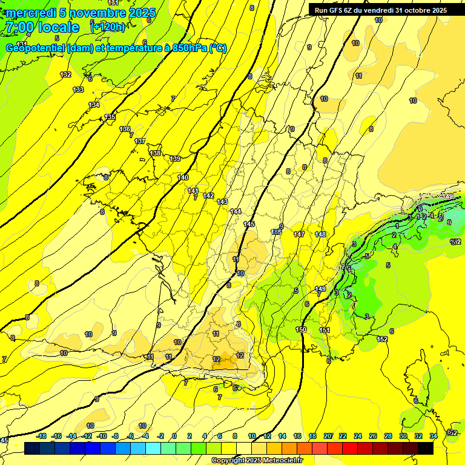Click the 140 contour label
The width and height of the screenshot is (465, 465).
click(183, 177)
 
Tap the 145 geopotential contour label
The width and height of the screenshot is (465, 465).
click(249, 224)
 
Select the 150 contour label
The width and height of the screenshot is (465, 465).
click(301, 329)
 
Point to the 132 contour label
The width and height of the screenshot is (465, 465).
click(65, 74)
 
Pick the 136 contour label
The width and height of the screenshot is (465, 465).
click(125, 129)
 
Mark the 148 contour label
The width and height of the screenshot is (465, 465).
click(320, 234)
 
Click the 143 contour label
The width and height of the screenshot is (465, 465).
click(222, 202)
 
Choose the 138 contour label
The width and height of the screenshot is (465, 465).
click(156, 153)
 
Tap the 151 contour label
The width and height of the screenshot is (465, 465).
click(325, 330)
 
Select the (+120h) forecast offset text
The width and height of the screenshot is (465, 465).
click(108, 27)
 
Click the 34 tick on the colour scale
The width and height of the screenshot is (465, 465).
click(433, 436)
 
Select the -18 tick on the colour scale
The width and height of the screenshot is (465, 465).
click(42, 436)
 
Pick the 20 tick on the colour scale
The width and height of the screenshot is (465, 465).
click(328, 436)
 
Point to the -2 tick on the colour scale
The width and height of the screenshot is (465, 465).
click(160, 436)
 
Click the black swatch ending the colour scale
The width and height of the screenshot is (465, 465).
click(426, 448)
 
